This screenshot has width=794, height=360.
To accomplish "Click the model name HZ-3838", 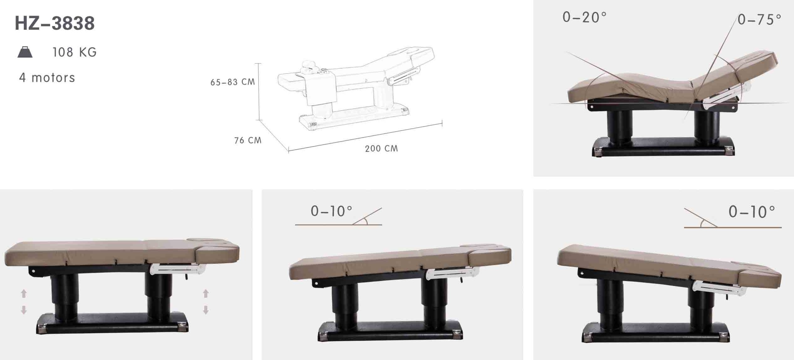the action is coord(55,23).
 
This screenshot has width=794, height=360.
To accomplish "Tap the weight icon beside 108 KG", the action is coord(25,52).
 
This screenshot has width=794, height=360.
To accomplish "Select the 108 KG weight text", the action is coord(75,52).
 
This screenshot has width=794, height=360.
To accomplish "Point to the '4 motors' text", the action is coord(47,78).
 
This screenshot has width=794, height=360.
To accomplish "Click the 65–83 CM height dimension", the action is coord(233,82).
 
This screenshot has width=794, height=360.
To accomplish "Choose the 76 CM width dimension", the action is coord(248,140).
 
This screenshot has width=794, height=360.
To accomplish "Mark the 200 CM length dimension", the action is coord(381,149).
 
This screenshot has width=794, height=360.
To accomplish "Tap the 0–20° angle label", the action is coord(584,17).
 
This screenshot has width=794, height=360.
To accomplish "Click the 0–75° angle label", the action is coord(759,20).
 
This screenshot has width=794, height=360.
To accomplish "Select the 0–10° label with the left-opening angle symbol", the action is coord(752,212).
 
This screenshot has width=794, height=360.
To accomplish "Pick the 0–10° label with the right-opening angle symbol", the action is coord(332,211).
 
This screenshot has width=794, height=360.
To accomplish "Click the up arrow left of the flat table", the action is coord(24,293).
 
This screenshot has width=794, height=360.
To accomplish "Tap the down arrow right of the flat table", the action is coord(206,310).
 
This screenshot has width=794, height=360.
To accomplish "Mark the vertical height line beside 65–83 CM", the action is coord(259,92).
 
